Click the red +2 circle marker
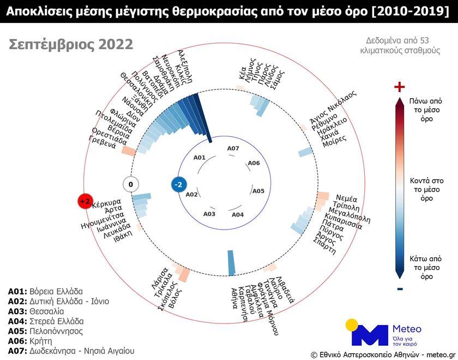[85, 201]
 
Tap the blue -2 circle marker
[178, 185]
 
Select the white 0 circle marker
[131, 184]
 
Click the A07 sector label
[233, 148]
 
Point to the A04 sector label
[238, 214]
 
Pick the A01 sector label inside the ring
[200, 158]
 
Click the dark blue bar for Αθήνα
[231, 262]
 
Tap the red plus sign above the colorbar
[400, 87]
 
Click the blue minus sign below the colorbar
[400, 289]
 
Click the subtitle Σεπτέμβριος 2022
[71, 45]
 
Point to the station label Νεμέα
[346, 198]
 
